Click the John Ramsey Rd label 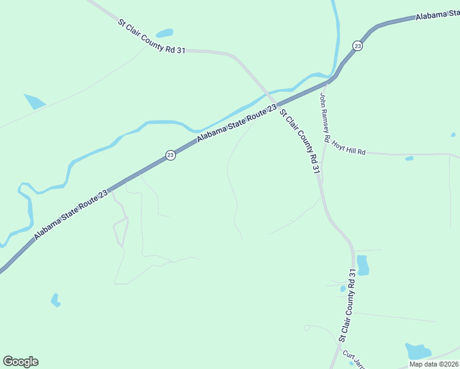(325, 117)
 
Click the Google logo (20, 362)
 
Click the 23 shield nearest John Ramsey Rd (357, 46)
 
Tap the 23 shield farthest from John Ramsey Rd (170, 156)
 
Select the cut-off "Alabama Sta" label (437, 15)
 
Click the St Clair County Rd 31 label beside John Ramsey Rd (299, 141)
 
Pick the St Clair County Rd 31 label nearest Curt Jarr (347, 305)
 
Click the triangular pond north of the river (34, 100)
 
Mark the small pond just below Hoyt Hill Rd (409, 159)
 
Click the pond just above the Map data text (418, 351)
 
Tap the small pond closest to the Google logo (55, 300)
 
